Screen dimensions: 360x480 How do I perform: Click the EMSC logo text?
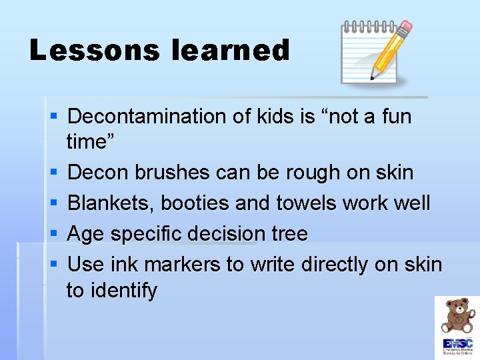[x=457, y=343]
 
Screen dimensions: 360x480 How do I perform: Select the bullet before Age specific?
[x=54, y=234]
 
